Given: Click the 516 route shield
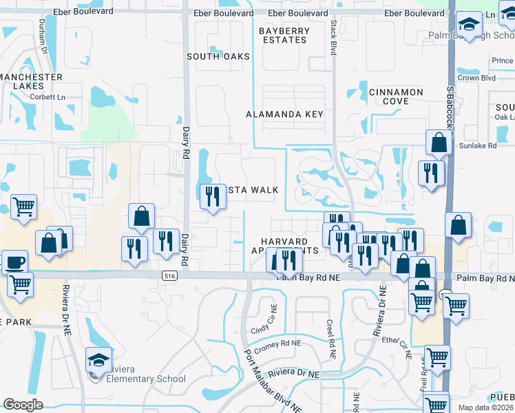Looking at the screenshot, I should (x=169, y=275).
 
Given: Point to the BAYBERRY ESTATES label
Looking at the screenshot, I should (x=283, y=36).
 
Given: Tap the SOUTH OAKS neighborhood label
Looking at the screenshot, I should (x=218, y=56).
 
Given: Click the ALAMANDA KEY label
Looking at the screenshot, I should (x=285, y=114).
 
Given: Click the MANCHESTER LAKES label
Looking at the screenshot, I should (x=32, y=81).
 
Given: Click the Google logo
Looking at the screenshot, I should (x=23, y=404).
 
